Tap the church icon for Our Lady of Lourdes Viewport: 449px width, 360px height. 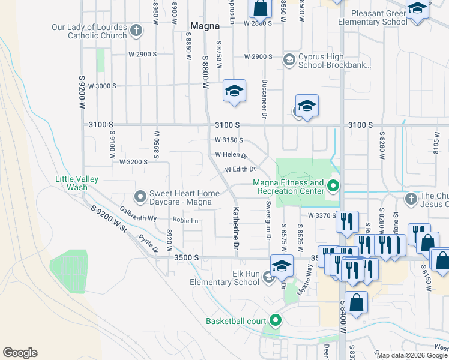coord(136,30)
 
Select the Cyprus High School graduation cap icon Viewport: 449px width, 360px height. coord(289,59)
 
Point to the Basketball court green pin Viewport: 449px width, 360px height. coord(275,321)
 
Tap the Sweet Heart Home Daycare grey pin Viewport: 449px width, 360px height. coord(140,196)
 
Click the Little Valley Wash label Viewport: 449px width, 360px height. coord(77,183)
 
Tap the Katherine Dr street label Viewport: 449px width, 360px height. coord(236,228)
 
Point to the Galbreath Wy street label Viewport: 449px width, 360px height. coord(138,214)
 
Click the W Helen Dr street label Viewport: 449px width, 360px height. coord(232,155)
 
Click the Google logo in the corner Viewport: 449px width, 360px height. coord(20,353)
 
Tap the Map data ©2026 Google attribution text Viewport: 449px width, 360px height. coord(412,355)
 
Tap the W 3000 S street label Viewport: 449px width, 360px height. coord(102,86)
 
